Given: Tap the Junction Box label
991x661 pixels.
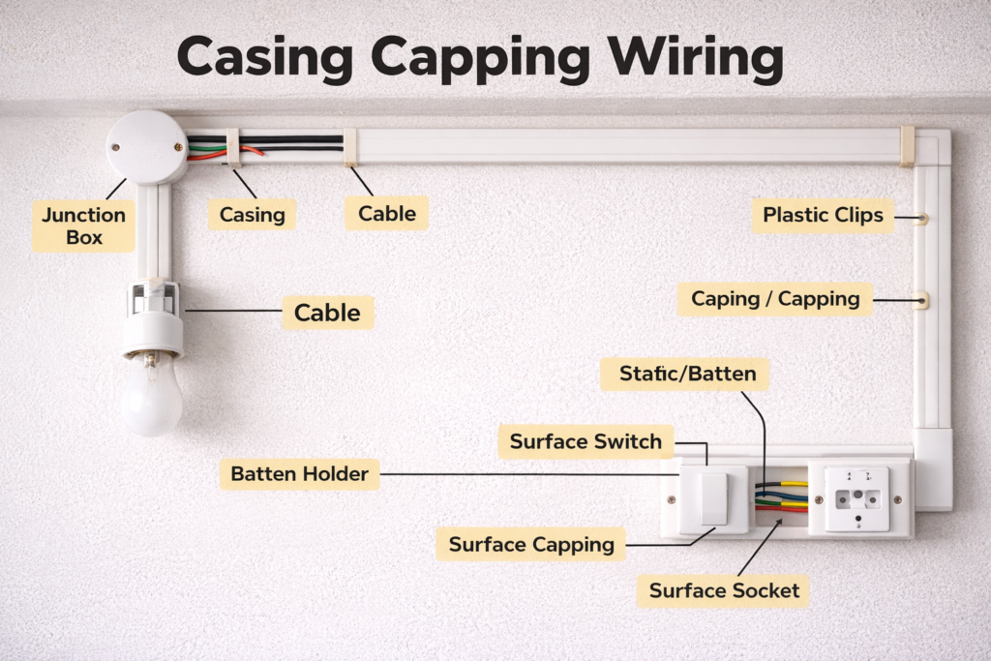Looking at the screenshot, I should pyautogui.click(x=83, y=225).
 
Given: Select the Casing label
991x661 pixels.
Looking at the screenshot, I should pyautogui.click(x=252, y=214).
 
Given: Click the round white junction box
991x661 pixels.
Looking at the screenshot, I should pyautogui.click(x=147, y=147).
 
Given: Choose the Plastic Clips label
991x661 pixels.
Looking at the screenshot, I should pyautogui.click(x=823, y=215).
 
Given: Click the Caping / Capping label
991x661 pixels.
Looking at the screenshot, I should pyautogui.click(x=774, y=298).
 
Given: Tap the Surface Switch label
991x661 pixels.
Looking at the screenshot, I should pyautogui.click(x=586, y=442).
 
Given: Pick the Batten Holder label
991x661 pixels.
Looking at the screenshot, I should pyautogui.click(x=299, y=474).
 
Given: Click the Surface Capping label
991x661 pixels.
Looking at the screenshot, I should pyautogui.click(x=531, y=544).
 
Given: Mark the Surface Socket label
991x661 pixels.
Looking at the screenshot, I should pyautogui.click(x=724, y=590).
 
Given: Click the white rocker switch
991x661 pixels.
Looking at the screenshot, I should pyautogui.click(x=713, y=499).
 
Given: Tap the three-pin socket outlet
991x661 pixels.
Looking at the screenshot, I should pyautogui.click(x=856, y=499).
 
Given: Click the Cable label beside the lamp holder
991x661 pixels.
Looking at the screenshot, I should pyautogui.click(x=327, y=313).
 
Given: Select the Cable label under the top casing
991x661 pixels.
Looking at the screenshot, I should pyautogui.click(x=387, y=213).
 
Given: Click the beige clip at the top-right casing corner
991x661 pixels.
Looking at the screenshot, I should pyautogui.click(x=907, y=145).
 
